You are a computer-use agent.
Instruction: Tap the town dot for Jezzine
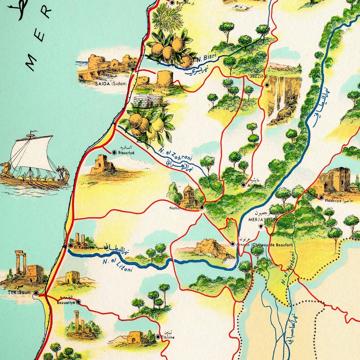(268, 85)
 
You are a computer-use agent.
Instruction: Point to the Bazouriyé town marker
(78, 301)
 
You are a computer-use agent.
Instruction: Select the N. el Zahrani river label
(175, 154)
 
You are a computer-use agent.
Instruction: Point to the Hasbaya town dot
(321, 198)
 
